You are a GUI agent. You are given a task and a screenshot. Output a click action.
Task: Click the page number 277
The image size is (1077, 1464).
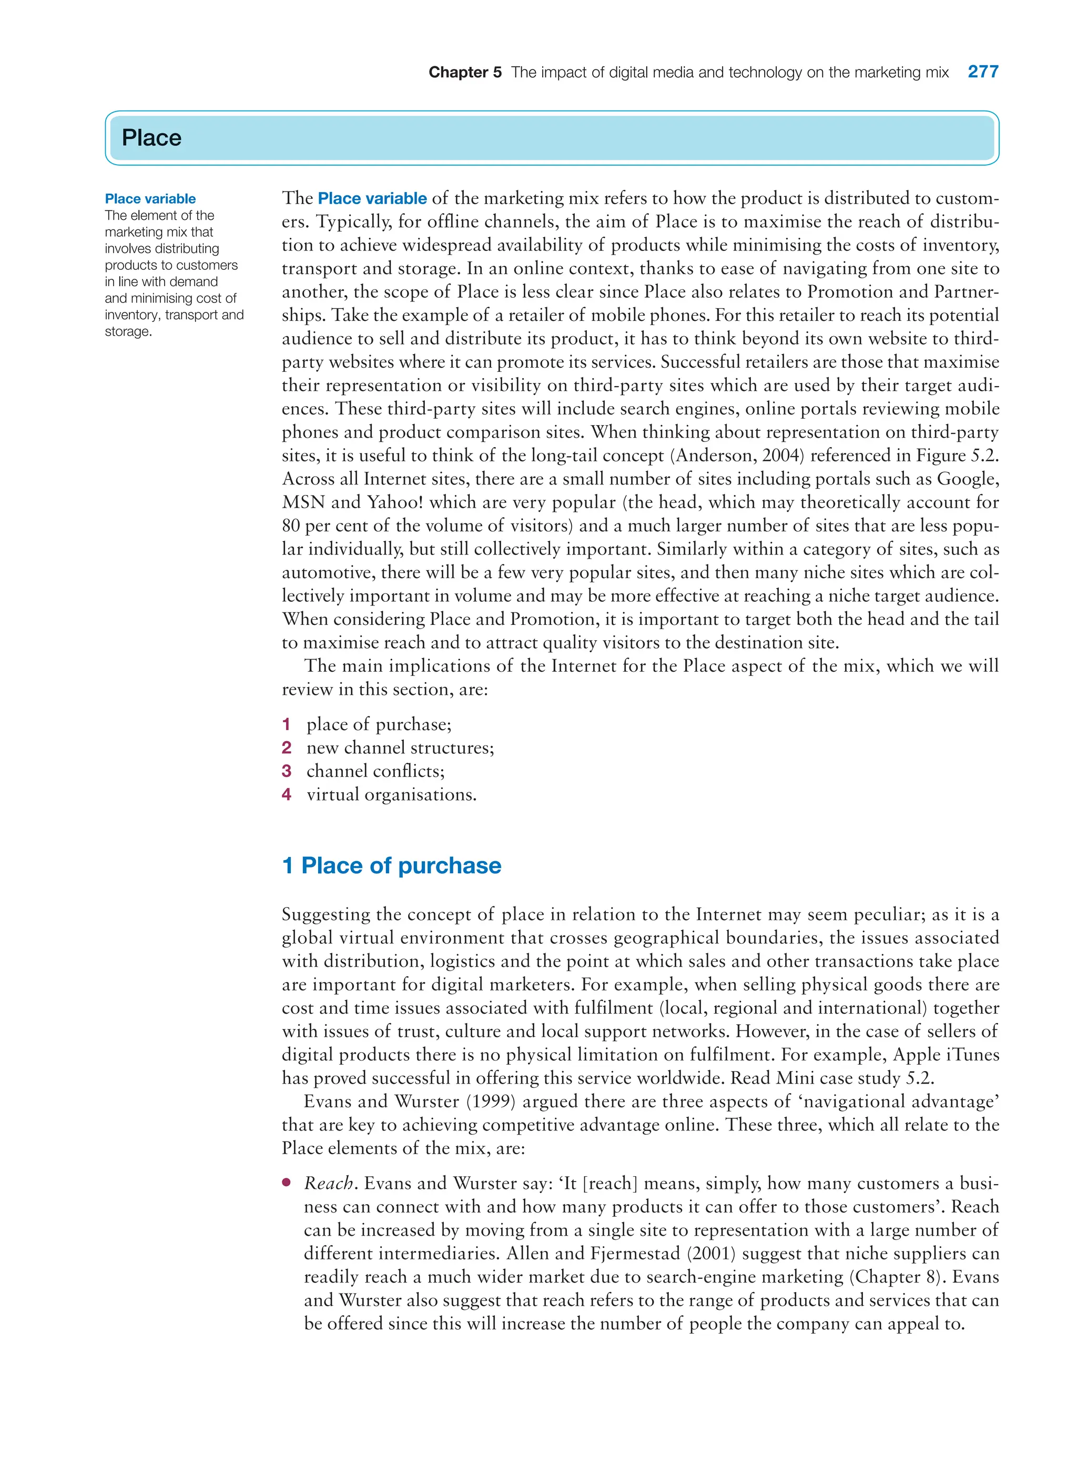[x=982, y=72]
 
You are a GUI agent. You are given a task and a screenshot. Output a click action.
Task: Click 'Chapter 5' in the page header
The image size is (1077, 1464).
[x=465, y=73]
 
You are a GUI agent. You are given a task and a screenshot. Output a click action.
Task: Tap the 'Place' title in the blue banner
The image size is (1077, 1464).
[x=151, y=138]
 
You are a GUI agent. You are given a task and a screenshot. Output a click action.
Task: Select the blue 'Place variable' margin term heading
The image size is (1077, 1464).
[x=150, y=199]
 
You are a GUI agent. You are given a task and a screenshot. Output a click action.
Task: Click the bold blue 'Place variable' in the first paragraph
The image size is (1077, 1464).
[x=372, y=198]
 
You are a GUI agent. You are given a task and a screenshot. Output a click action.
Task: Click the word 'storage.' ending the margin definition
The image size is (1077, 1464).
[x=128, y=331]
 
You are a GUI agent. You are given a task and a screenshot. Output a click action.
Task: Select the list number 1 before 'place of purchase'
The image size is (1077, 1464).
[x=286, y=724]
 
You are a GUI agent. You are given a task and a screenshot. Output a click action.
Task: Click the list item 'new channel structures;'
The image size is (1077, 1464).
[x=400, y=748]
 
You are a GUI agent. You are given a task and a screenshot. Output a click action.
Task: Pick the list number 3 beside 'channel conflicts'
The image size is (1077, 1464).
[x=286, y=771]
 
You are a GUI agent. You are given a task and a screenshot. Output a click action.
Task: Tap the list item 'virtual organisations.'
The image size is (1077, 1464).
[x=391, y=795]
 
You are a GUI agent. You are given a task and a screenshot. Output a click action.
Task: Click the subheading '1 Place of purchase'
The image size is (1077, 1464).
[x=391, y=865]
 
